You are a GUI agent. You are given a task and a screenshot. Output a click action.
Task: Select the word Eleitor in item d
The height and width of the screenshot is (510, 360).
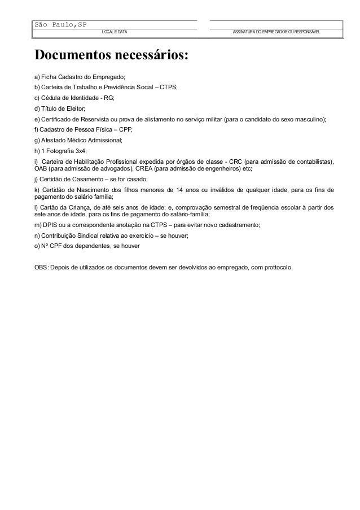pyautogui.click(x=74, y=108)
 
